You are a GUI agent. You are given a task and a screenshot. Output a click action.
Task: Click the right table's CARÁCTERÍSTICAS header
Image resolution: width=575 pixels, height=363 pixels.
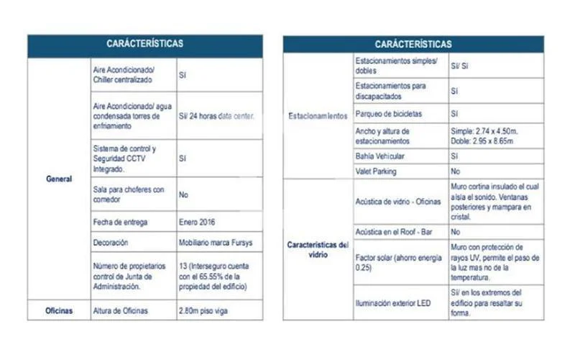(413, 45)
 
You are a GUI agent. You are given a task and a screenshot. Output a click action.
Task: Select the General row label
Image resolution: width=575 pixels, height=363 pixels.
(59, 179)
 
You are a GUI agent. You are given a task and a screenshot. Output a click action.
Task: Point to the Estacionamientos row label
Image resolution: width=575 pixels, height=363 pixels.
(318, 115)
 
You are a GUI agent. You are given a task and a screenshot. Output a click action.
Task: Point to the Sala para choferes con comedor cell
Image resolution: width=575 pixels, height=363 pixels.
(129, 194)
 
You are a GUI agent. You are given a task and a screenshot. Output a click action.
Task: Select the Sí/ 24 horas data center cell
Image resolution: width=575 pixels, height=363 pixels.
(216, 115)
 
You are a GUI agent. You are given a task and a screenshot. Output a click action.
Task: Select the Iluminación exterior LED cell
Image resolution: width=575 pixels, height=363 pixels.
(393, 303)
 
